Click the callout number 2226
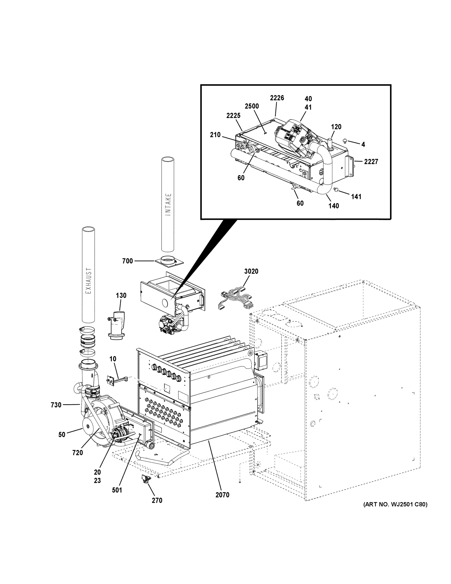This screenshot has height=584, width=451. pyautogui.click(x=277, y=98)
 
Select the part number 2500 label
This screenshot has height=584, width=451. pyautogui.click(x=252, y=106)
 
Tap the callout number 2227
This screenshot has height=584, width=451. pyautogui.click(x=371, y=162)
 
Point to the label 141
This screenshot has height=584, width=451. pyautogui.click(x=356, y=197)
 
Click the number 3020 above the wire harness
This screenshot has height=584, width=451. pyautogui.click(x=251, y=271)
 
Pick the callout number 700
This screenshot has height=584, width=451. pyautogui.click(x=127, y=261)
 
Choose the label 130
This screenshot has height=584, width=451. pyautogui.click(x=121, y=295)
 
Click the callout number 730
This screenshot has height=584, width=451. pyautogui.click(x=56, y=405)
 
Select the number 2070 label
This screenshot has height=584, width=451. pyautogui.click(x=222, y=495)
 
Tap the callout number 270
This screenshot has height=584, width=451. pyautogui.click(x=157, y=500)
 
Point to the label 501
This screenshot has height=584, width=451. pyautogui.click(x=117, y=490)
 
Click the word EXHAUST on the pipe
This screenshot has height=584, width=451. pyautogui.click(x=88, y=281)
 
